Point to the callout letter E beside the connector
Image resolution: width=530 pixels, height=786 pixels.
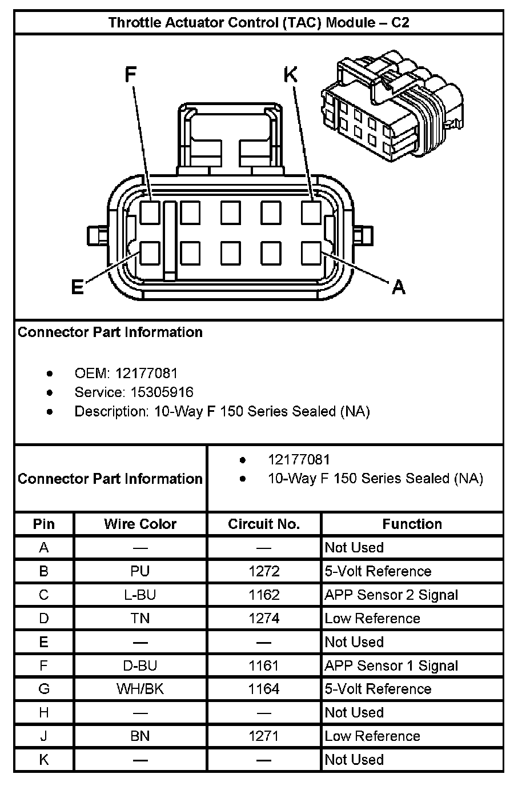tap(78, 287)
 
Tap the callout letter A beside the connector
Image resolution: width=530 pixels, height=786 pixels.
tap(398, 286)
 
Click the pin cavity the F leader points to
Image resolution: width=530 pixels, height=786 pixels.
tap(150, 212)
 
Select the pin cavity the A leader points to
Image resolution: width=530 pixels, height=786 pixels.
tap(311, 252)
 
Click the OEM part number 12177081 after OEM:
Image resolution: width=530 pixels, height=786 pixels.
tap(146, 374)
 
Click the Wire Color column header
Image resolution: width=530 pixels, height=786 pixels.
tap(140, 524)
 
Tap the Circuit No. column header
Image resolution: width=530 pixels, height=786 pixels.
tap(264, 524)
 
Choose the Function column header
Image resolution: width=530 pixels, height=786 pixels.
tap(412, 524)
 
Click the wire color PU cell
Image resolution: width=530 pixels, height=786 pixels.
tap(140, 571)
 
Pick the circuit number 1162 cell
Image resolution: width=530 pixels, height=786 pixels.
tap(264, 595)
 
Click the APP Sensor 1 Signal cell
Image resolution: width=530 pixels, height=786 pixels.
tap(391, 665)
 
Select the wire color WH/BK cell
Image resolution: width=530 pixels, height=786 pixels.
tap(140, 689)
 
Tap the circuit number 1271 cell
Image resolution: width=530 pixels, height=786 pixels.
tap(264, 736)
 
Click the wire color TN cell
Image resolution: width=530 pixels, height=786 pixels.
tap(140, 619)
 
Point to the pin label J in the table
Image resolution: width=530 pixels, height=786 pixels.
tap(44, 736)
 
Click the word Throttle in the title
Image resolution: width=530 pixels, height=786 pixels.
tap(135, 23)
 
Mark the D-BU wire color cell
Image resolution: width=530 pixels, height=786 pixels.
tap(140, 665)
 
